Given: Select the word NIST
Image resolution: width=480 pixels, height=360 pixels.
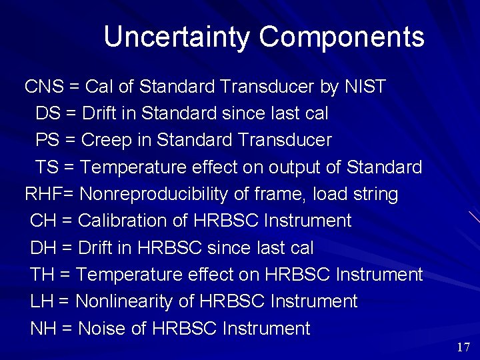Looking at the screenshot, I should coord(365,87).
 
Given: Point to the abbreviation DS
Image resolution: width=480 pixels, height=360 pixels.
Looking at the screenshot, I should coord(47,113).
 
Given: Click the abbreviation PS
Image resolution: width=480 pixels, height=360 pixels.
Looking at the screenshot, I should coord(47,141).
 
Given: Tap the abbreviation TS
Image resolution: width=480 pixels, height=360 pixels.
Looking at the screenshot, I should coord(47,167).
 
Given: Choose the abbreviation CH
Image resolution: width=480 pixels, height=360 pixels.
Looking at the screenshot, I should coord(43,221).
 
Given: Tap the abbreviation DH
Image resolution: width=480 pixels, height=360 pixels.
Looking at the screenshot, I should coord(43,248).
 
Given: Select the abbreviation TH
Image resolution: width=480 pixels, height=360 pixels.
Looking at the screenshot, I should coord(42,275).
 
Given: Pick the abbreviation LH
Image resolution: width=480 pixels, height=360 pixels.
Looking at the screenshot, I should coord(41,301).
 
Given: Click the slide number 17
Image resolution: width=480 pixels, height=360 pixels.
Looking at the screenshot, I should coord(464,347).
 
